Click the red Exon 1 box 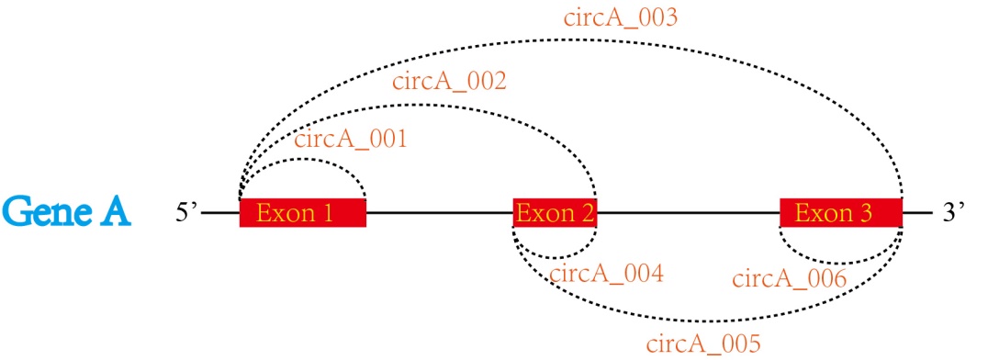click(302, 213)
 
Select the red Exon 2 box click(555, 213)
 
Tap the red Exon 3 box click(840, 213)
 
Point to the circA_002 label click(449, 81)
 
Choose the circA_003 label click(621, 17)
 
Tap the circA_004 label click(605, 272)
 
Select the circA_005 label click(703, 344)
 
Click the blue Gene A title click(66, 212)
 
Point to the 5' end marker click(187, 212)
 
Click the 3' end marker click(955, 212)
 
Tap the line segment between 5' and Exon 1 click(220, 213)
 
